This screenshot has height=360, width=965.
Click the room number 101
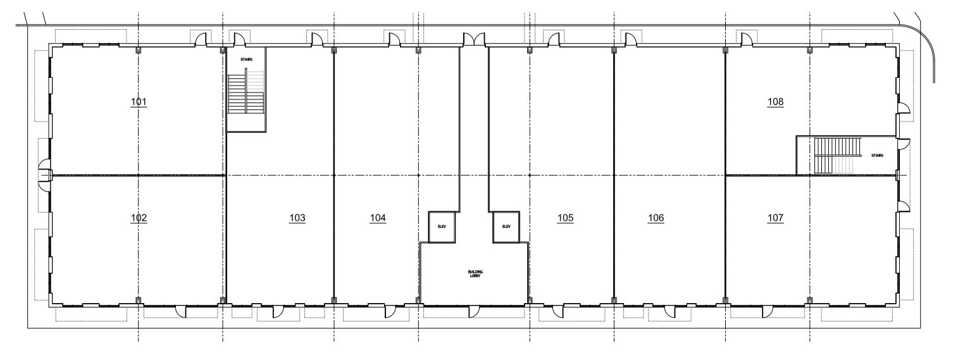(x=139, y=102)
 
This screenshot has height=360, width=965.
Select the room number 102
(x=139, y=218)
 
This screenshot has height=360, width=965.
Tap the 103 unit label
(x=297, y=218)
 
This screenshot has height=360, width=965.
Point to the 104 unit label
(x=378, y=218)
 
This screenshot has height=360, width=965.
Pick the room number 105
(x=566, y=218)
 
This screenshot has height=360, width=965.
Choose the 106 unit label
(x=656, y=218)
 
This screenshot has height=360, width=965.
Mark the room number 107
(x=775, y=218)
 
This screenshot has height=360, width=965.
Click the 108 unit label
(x=775, y=102)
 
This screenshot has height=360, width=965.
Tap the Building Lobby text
(x=475, y=274)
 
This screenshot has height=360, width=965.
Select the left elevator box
(x=442, y=227)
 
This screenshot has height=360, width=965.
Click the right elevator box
(x=506, y=227)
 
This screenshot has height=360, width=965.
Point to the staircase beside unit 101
(x=246, y=92)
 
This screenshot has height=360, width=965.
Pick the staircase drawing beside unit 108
(x=837, y=155)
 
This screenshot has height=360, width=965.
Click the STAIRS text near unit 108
(x=877, y=154)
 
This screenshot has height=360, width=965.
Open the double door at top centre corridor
(x=474, y=40)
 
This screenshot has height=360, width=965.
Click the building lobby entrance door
(x=473, y=311)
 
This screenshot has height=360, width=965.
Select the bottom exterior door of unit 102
(x=180, y=311)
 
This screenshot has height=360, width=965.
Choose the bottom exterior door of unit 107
(x=768, y=311)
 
